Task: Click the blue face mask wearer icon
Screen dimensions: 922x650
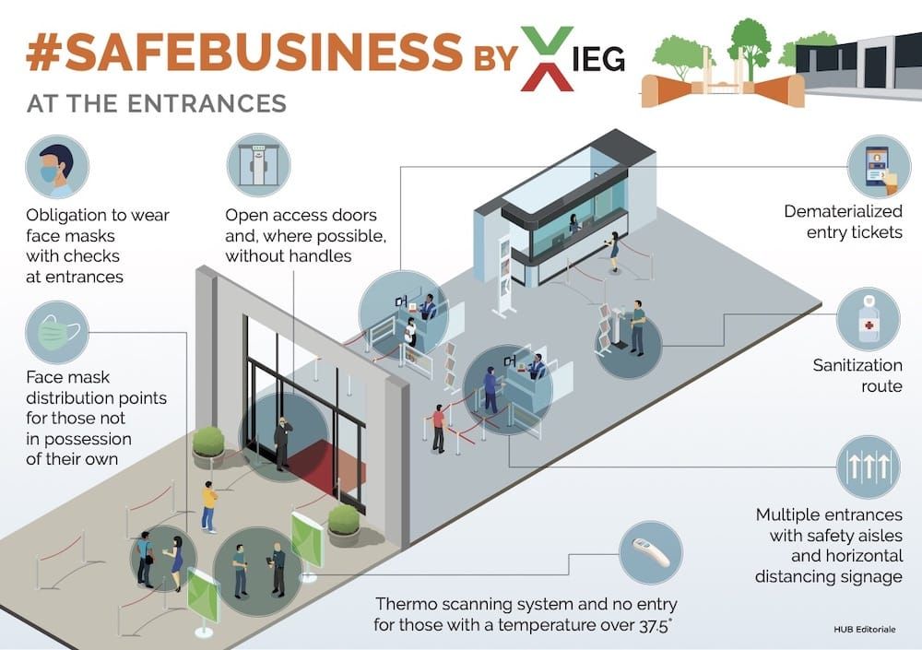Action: [x=57, y=167]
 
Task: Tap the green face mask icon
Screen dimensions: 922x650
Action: [x=57, y=332]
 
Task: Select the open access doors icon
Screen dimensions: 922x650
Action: [x=258, y=165]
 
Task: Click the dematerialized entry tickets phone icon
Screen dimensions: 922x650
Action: [x=879, y=167]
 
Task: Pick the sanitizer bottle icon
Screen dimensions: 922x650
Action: [x=868, y=319]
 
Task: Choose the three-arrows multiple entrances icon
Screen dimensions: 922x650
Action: [x=868, y=467]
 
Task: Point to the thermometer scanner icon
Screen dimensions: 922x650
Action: [x=651, y=552]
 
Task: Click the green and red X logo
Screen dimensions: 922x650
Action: [x=547, y=59]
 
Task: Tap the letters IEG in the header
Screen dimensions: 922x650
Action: [x=598, y=59]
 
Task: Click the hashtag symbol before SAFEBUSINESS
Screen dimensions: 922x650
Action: [x=44, y=52]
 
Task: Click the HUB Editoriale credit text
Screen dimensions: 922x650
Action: [x=865, y=630]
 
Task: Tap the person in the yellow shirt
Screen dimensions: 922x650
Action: [x=208, y=507]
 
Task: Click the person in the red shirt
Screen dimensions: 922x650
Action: [x=439, y=429]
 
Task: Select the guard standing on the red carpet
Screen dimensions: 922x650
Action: [x=283, y=443]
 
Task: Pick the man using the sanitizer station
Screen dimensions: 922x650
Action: [x=637, y=328]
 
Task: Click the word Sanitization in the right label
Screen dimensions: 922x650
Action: [x=857, y=365]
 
